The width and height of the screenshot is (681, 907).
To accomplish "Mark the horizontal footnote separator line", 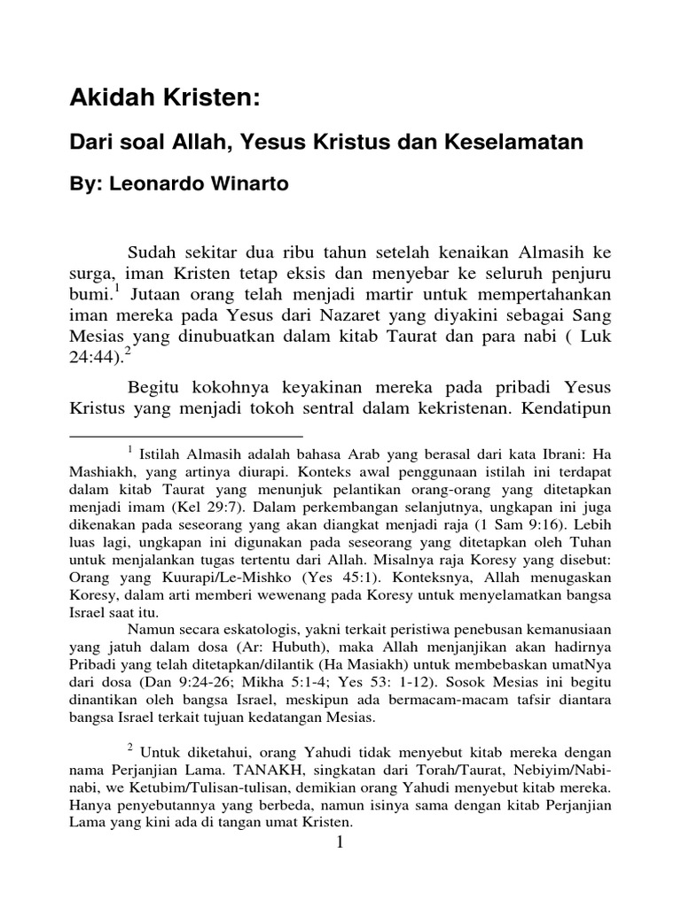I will tap(185, 436).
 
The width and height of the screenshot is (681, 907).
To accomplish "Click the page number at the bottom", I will tap(340, 844).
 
